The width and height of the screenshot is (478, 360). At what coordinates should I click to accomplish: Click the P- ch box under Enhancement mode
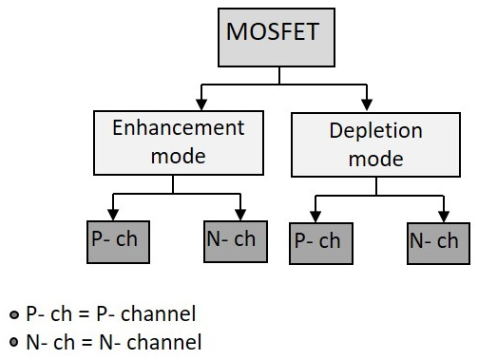(x=115, y=239)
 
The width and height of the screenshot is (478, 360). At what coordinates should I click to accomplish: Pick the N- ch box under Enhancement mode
(x=231, y=239)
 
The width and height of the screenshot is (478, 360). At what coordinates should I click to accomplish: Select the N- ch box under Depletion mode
(x=434, y=242)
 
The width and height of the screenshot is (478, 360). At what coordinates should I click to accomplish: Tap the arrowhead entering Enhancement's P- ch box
(x=115, y=211)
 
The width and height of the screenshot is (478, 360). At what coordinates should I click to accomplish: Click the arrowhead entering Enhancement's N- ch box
(x=241, y=211)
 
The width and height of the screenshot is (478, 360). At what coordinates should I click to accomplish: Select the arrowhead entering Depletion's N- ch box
(x=442, y=215)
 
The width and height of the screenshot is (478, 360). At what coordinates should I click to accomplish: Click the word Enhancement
(x=179, y=128)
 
